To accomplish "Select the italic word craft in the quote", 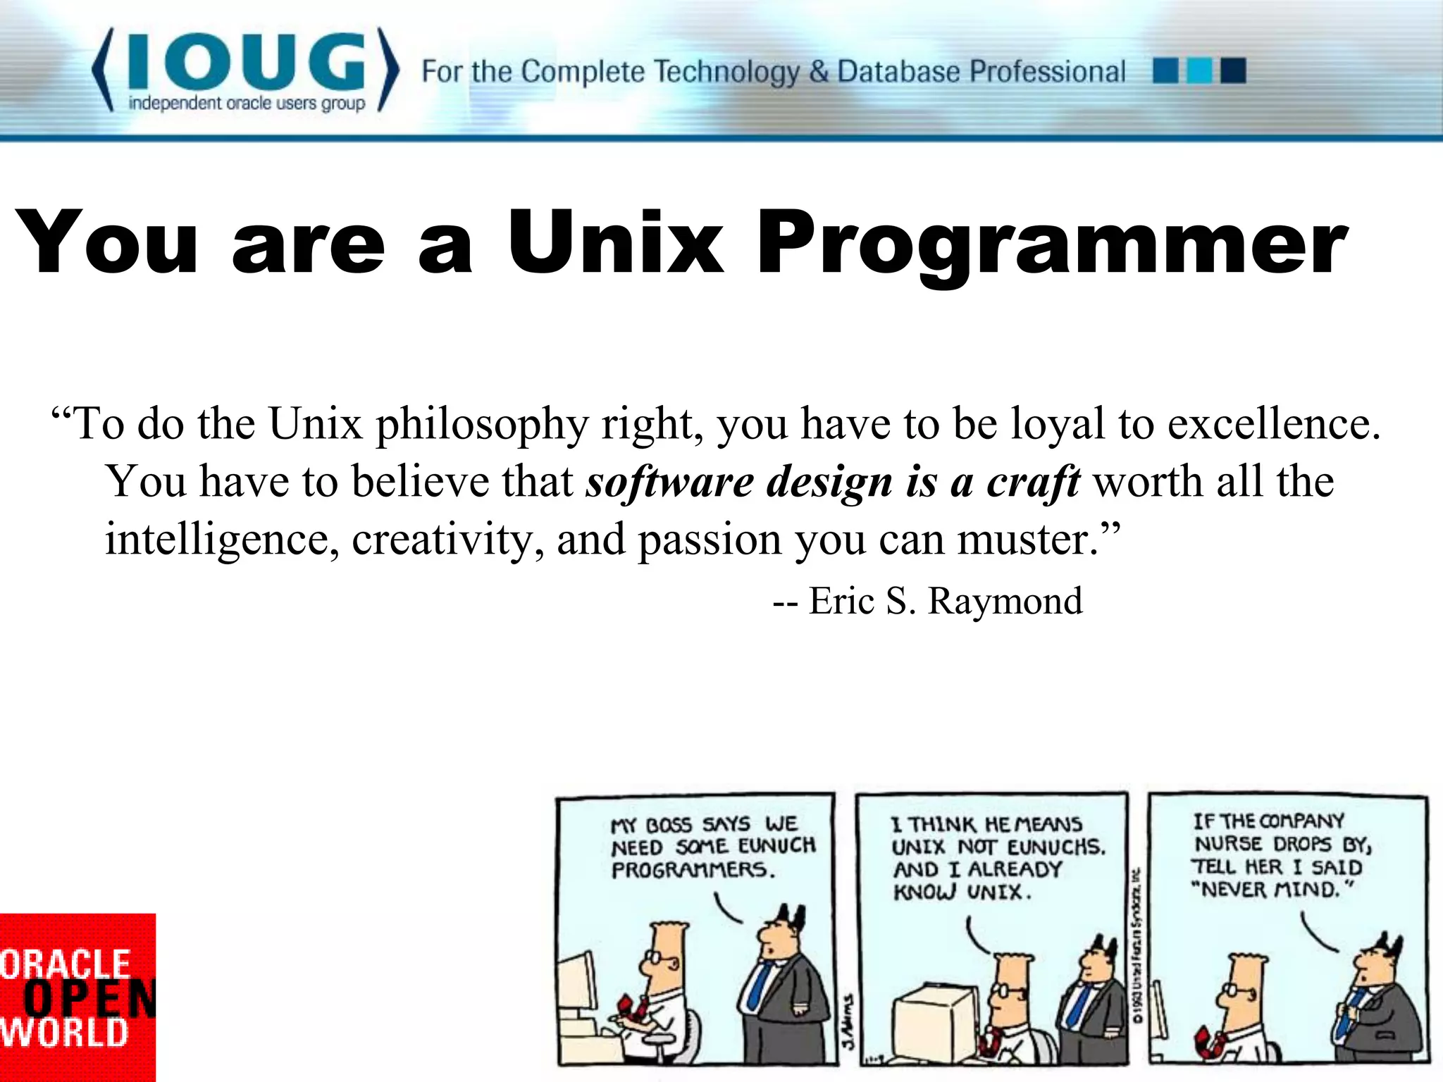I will point(1033,483).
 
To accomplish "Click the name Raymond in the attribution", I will point(1005,601).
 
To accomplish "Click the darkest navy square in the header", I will point(1233,71).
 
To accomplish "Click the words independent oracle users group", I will point(247,104).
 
